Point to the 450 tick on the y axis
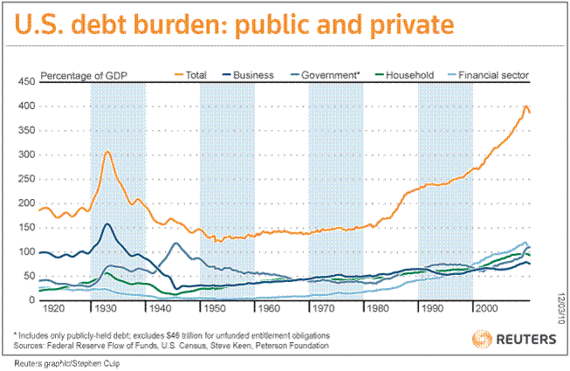click(25, 81)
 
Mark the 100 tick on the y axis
click(25, 252)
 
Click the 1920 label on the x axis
click(51, 309)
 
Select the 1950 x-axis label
click(214, 309)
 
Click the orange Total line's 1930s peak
click(106, 152)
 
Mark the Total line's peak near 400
click(525, 106)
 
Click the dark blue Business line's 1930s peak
click(106, 224)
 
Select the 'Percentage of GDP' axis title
click(82, 76)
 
